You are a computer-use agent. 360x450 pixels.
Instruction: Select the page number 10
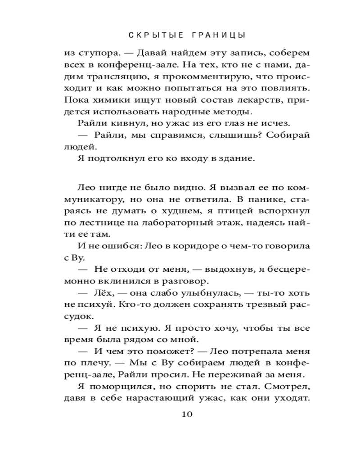tap(187, 414)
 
